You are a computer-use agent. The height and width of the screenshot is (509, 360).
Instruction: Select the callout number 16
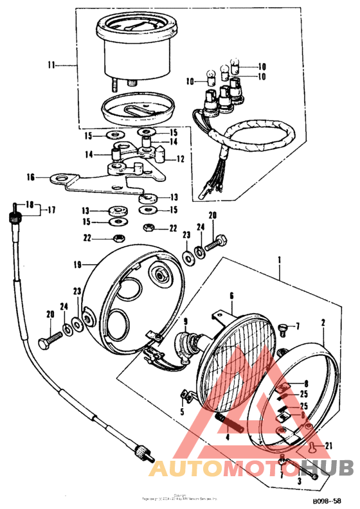(x=30, y=177)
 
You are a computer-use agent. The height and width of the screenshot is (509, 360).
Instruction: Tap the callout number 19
(x=78, y=263)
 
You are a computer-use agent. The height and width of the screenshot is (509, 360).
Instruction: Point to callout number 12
(x=180, y=159)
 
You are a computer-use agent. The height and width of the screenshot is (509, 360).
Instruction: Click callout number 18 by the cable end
(x=28, y=204)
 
